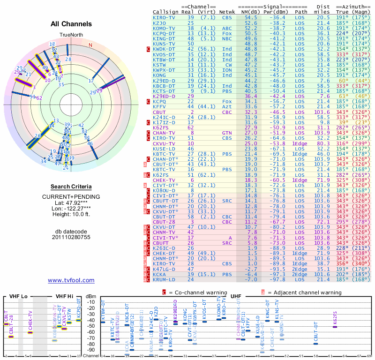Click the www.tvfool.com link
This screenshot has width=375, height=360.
pos(71,280)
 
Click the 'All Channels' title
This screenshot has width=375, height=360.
pos(71,24)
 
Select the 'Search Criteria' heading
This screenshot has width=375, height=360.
pos(71,187)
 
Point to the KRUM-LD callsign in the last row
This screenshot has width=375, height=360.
pos(164,279)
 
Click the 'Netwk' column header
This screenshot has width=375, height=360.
pos(228,12)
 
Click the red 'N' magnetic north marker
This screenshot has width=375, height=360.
pos(90,45)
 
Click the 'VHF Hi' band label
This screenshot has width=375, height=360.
pos(64,296)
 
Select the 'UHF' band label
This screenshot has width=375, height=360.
pos(236,296)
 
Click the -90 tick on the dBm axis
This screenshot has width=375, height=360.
pos(91,350)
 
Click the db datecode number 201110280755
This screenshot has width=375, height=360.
pos(71,237)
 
